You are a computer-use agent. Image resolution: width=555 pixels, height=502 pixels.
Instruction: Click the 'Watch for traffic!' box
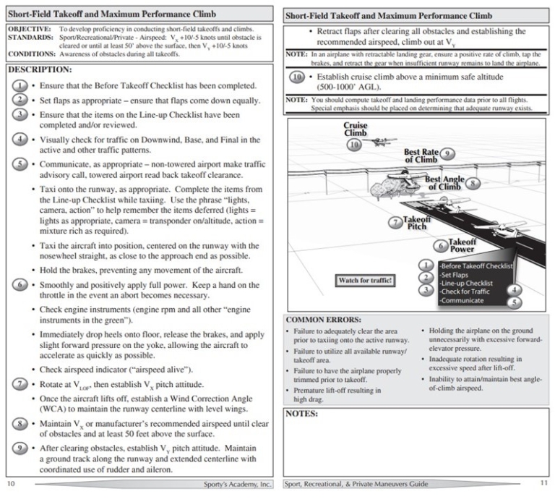pyautogui.click(x=365, y=279)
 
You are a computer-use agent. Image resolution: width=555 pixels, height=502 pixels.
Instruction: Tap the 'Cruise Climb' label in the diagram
pyautogui.click(x=356, y=129)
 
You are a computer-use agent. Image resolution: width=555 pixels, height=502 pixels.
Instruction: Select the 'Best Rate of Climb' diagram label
pyautogui.click(x=421, y=156)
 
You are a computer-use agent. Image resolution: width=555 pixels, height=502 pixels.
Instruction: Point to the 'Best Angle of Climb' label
pyautogui.click(x=443, y=182)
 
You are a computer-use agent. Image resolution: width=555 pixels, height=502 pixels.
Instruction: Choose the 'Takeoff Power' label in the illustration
pyautogui.click(x=462, y=245)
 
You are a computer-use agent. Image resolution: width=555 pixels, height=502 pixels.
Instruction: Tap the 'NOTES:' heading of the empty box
pyautogui.click(x=305, y=414)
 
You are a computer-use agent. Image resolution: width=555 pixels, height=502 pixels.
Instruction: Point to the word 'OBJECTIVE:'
pyautogui.click(x=27, y=27)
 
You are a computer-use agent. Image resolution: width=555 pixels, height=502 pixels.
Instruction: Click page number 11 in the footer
pyautogui.click(x=543, y=483)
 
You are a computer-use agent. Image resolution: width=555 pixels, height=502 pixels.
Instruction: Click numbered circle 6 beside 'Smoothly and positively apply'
pyautogui.click(x=22, y=284)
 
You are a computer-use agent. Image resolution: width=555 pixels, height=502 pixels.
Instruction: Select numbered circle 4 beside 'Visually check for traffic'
pyautogui.click(x=22, y=140)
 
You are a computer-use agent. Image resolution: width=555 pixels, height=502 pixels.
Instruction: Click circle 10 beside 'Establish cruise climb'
pyautogui.click(x=297, y=76)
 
